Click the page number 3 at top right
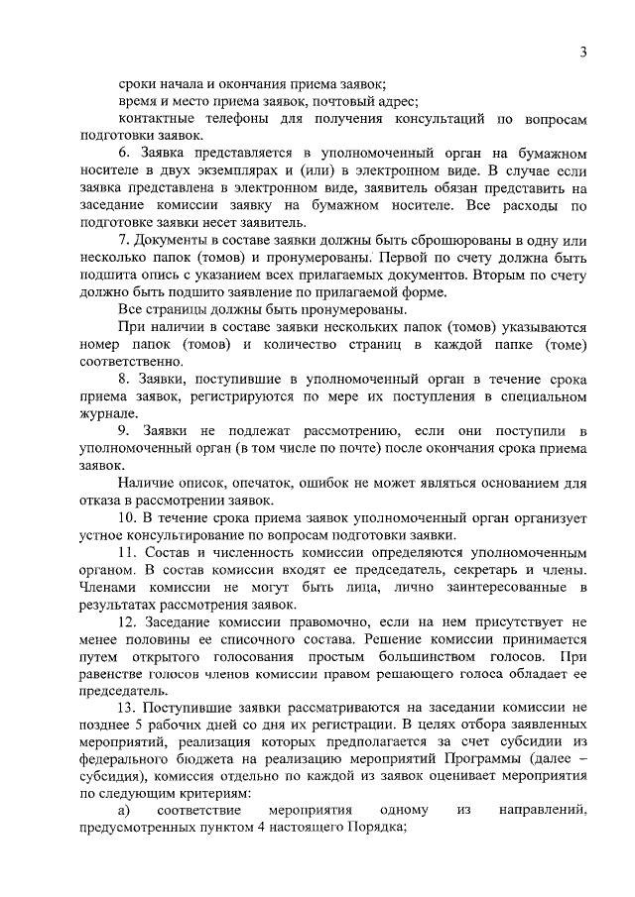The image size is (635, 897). point(584,52)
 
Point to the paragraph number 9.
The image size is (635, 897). point(124,431)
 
